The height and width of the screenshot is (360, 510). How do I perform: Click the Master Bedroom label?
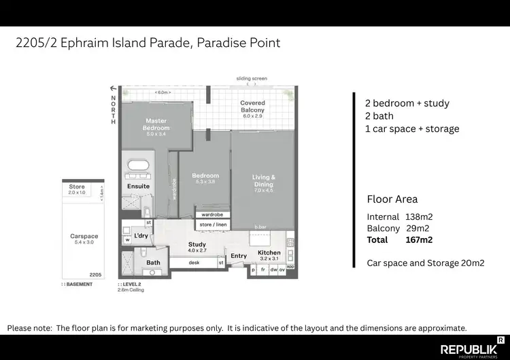(156, 125)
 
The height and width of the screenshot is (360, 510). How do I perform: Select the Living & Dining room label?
(264, 180)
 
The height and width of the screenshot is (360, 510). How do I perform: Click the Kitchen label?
(269, 254)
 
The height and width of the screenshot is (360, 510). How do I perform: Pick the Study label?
(197, 244)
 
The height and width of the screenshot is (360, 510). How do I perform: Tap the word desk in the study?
(194, 262)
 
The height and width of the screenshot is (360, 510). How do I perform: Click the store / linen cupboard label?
(211, 225)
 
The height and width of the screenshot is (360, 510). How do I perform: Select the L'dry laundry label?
(141, 236)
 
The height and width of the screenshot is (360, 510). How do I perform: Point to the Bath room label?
(153, 263)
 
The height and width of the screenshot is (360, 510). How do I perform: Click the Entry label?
(239, 256)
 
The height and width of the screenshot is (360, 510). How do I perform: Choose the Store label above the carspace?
(78, 186)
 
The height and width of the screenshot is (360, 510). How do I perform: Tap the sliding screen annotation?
(252, 79)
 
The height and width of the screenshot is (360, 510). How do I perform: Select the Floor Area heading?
(392, 199)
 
